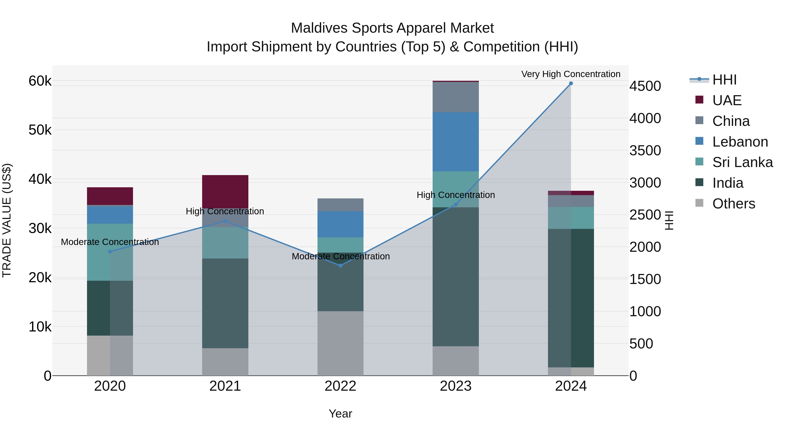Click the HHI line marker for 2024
[x=571, y=83]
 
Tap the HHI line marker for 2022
[x=340, y=266]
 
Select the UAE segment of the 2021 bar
[x=225, y=191]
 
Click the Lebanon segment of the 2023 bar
[x=456, y=142]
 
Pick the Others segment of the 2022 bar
[x=340, y=343]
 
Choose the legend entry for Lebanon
[x=740, y=142]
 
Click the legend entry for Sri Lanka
[x=742, y=162]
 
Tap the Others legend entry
[x=734, y=204]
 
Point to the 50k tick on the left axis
[x=40, y=130]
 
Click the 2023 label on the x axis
[x=456, y=386]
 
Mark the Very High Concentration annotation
[x=571, y=74]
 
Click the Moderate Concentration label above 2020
[x=110, y=242]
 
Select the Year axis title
[x=340, y=414]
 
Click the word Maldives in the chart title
[x=319, y=28]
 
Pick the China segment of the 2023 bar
[x=456, y=97]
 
